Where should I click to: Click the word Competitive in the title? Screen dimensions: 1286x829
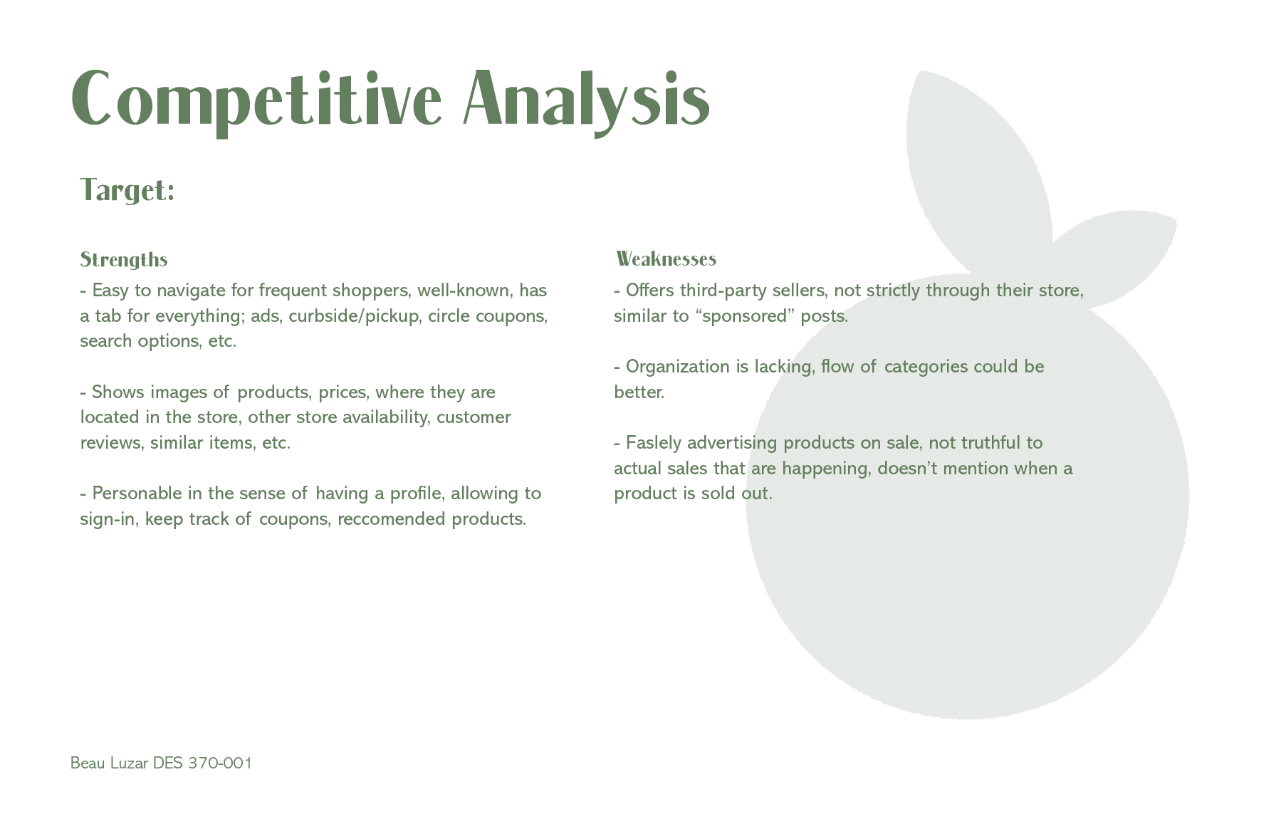pyautogui.click(x=256, y=100)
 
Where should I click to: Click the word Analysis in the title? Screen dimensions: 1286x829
pyautogui.click(x=587, y=100)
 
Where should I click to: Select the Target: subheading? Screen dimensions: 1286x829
pyautogui.click(x=127, y=190)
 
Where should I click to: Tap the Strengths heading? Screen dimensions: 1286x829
pyautogui.click(x=124, y=259)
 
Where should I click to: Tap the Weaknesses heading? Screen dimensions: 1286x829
pyautogui.click(x=666, y=259)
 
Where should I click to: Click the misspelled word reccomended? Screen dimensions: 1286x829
pyautogui.click(x=392, y=519)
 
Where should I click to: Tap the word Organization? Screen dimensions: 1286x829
pyautogui.click(x=678, y=367)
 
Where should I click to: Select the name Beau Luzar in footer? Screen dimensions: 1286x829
pyautogui.click(x=110, y=763)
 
